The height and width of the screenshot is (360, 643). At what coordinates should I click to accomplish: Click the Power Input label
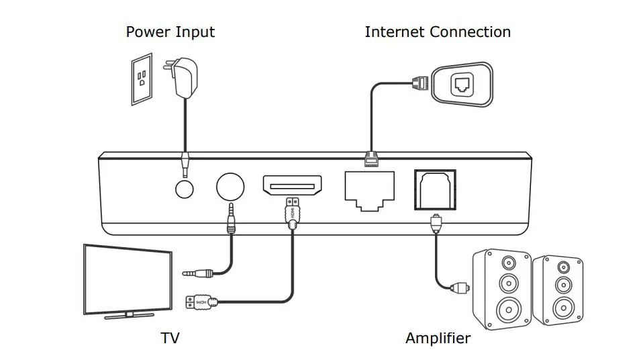coord(170,32)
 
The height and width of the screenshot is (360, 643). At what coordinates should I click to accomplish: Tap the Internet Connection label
coord(438,32)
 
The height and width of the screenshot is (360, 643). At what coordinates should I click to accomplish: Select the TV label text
coord(170,338)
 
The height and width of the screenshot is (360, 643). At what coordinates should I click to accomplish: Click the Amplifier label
coord(438,338)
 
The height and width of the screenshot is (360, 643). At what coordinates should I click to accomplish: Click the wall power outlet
coord(142,79)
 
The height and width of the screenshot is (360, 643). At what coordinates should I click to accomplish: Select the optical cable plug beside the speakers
coord(458,288)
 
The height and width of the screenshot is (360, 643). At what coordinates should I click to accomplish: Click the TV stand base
coord(129,315)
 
